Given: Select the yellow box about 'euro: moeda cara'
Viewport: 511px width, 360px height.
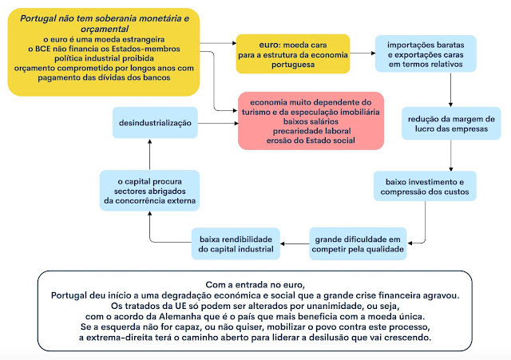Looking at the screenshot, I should (292, 53).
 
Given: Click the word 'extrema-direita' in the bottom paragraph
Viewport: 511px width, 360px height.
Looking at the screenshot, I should (141, 338).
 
